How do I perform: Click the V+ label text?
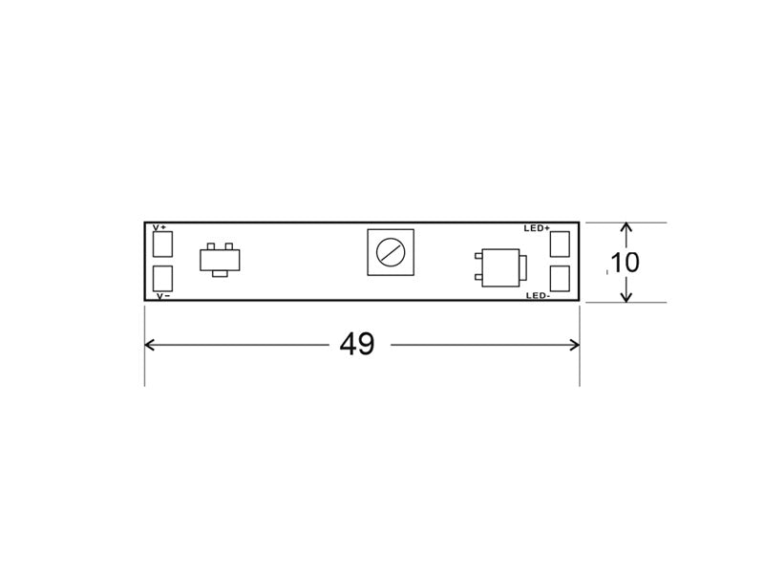[x=159, y=227]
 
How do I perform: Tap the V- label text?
[x=163, y=296]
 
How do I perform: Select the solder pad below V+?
[x=162, y=244]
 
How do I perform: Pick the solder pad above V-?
[x=162, y=278]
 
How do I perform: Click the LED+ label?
[x=537, y=228]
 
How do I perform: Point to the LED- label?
[x=539, y=296]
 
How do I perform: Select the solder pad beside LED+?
[x=560, y=244]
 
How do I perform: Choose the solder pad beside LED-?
[x=560, y=279]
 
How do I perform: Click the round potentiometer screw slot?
[x=391, y=252]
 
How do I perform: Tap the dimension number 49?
[x=357, y=345]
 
